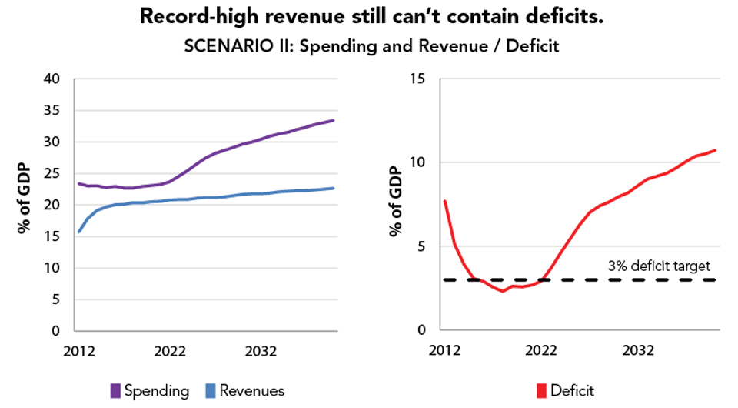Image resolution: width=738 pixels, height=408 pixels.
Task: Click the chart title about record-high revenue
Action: coord(369,18)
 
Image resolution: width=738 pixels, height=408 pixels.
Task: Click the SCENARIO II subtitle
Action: coord(369,46)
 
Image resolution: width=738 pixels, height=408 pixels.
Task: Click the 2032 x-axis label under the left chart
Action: coord(261,350)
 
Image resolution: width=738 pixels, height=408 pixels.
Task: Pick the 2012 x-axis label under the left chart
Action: coord(78,350)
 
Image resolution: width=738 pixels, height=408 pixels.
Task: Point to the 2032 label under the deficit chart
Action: coord(638,350)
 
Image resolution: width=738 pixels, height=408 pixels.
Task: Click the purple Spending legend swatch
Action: coord(115,390)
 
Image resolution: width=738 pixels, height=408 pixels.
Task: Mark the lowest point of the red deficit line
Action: coord(502,291)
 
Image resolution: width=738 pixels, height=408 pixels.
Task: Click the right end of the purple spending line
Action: coord(333,120)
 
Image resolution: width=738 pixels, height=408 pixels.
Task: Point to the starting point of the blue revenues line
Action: coord(78,232)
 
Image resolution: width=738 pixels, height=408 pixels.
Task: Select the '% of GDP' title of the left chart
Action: coord(24,204)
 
